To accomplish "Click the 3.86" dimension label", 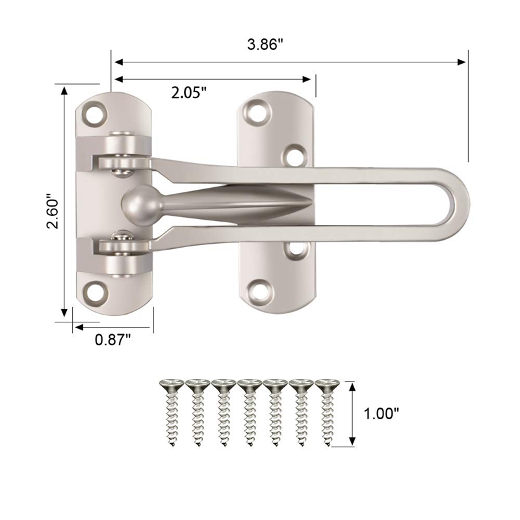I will tap(266, 45).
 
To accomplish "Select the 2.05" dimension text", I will tap(188, 92).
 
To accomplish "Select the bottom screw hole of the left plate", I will tap(97, 290).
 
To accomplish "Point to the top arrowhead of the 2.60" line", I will tap(64, 90).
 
